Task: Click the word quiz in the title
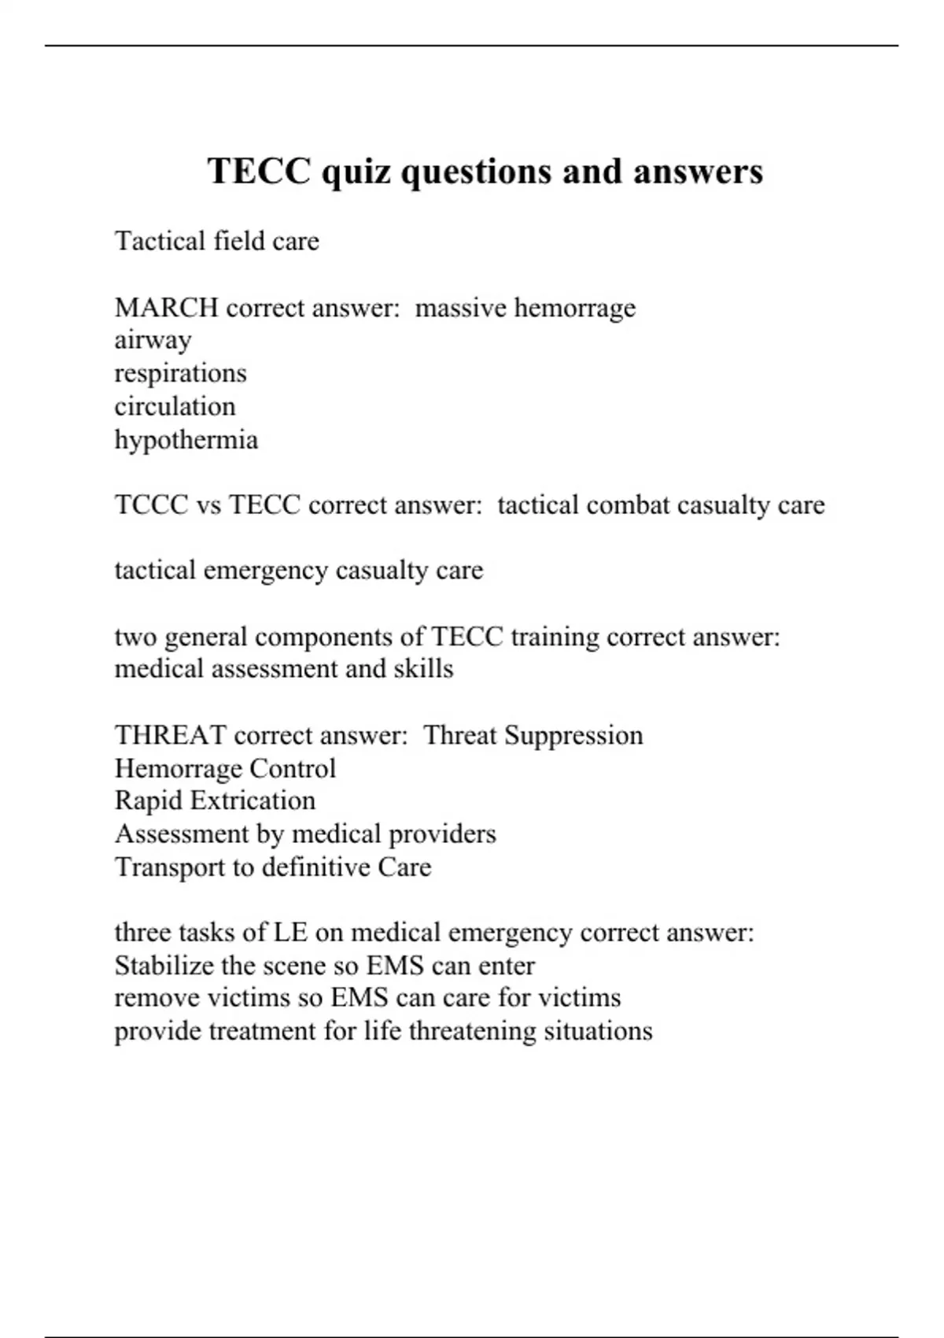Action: coord(356,172)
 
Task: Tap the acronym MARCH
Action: coord(166,308)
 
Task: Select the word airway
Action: coord(153,341)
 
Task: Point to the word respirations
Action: coord(180,374)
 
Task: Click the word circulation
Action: coord(175,407)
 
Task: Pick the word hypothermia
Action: coord(186,440)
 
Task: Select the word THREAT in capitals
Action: coord(170,736)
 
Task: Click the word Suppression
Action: coord(573,736)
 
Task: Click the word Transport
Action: coord(170,867)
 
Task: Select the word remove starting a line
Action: coord(157,998)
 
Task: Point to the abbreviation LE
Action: coord(290,933)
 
